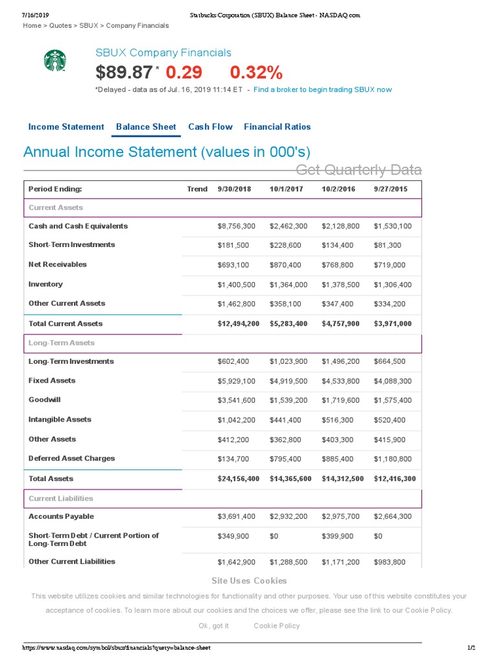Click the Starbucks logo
[55, 61]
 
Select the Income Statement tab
[66, 127]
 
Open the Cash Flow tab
[210, 127]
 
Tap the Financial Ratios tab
[277, 127]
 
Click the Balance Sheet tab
[146, 127]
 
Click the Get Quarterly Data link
[359, 170]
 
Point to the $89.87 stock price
[124, 72]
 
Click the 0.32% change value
[256, 72]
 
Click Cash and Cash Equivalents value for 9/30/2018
[237, 226]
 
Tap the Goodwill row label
[45, 400]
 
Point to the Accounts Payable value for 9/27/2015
[392, 517]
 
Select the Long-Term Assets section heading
[62, 343]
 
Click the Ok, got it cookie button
[213, 626]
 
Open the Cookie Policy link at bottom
[277, 626]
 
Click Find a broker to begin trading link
[322, 89]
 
